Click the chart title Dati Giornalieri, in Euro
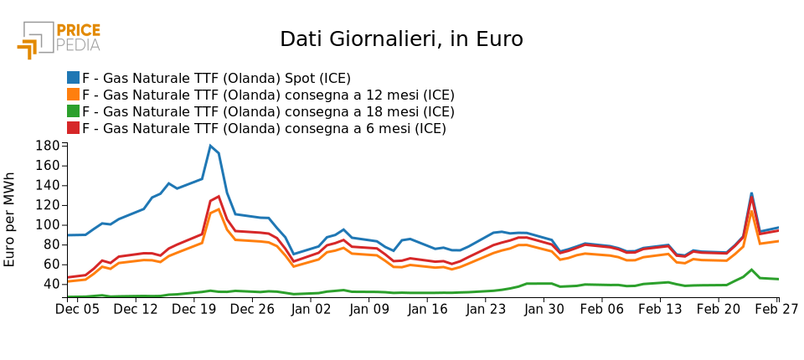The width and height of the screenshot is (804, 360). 401,39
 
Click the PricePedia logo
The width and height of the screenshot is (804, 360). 59,39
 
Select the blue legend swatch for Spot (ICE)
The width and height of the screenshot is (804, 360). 74,78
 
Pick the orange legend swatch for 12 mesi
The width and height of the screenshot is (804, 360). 74,95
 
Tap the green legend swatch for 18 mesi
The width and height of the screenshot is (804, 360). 74,111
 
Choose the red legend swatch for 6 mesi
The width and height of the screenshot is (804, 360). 74,128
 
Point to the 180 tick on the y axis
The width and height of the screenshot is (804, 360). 48,146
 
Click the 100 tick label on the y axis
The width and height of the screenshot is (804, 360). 48,224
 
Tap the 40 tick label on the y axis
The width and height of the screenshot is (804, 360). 52,284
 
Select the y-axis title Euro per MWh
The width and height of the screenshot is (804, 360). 10,219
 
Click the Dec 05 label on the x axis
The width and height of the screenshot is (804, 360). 77,309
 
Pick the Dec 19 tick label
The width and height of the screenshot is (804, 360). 193,309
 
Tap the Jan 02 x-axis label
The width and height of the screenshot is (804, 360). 311,309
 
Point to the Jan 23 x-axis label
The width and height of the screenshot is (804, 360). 487,309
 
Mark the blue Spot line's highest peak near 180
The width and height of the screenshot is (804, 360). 210,146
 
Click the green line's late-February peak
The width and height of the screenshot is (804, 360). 751,270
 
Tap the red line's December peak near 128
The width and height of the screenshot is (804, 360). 219,196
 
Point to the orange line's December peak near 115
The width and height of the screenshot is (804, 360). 219,208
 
